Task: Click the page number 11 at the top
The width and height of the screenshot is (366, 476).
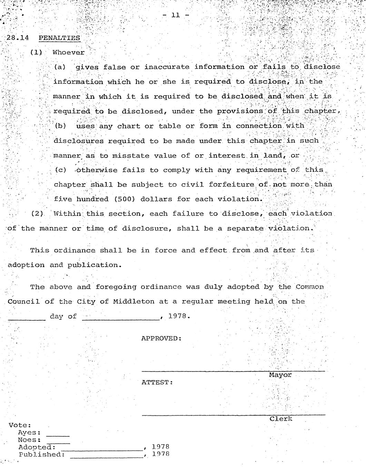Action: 176,15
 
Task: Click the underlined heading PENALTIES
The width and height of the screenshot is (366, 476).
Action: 59,38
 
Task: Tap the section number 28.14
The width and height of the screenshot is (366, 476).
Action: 17,38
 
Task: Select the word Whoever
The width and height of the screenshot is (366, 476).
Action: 68,52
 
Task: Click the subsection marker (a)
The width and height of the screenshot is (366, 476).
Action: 60,67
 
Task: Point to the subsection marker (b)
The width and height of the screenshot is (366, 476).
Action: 60,126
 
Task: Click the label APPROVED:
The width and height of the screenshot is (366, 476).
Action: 161,338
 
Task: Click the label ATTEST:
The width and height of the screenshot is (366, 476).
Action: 157,382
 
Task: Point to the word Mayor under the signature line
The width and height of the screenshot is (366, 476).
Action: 280,375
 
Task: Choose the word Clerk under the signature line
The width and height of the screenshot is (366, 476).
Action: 280,419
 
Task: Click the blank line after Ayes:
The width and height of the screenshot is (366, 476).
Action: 58,435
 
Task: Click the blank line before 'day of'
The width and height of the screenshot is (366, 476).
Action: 27,319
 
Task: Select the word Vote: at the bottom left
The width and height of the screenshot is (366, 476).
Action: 20,425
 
